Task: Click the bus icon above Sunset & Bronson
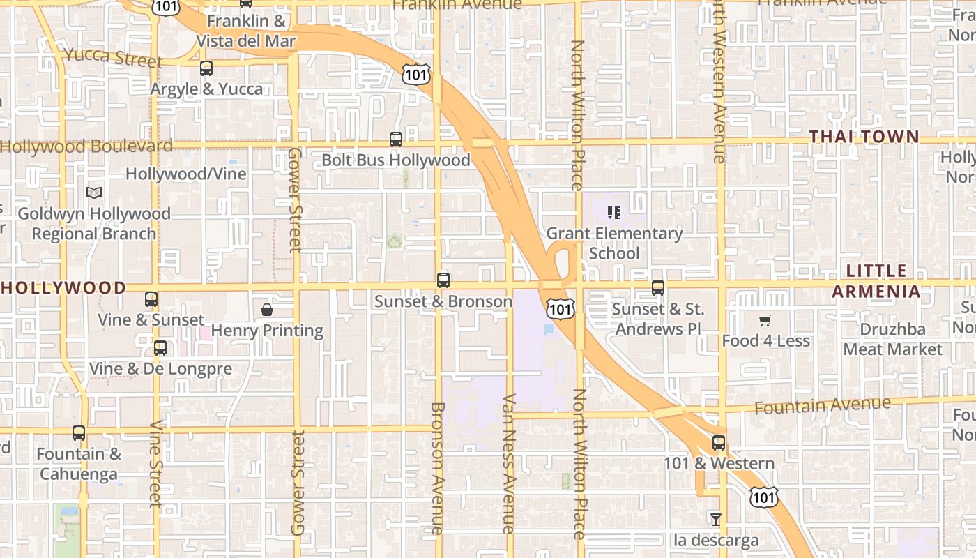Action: (443, 280)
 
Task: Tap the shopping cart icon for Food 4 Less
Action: (765, 320)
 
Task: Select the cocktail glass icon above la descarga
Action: (715, 519)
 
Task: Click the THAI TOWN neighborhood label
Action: (864, 137)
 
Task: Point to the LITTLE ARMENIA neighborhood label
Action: (876, 280)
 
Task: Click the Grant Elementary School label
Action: (614, 243)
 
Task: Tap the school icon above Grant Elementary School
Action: (614, 212)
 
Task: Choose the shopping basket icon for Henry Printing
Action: (267, 310)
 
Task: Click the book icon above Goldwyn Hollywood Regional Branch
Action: (94, 193)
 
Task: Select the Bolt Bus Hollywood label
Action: (395, 160)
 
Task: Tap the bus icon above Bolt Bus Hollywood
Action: (396, 139)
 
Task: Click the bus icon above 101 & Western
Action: (719, 443)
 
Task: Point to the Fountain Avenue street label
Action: (823, 405)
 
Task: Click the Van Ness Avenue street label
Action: (508, 464)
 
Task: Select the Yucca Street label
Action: (114, 57)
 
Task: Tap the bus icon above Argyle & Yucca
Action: (206, 68)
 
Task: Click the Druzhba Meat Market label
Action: (892, 339)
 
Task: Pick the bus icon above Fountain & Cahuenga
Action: (79, 433)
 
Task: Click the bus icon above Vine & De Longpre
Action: (160, 347)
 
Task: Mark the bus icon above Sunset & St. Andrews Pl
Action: (658, 287)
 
